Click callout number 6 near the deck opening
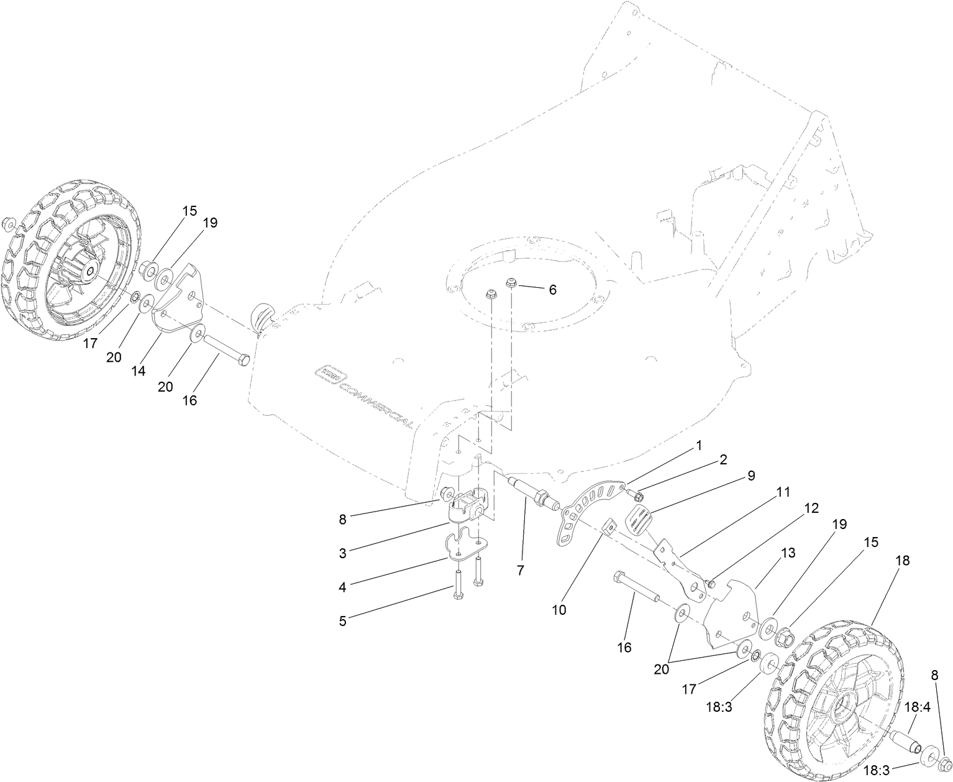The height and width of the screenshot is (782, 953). coord(552,290)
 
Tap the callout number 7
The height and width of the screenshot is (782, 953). coord(520,569)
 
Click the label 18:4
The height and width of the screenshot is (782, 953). coord(916,707)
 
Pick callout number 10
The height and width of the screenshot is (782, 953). coord(559,610)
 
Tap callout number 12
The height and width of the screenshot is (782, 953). coord(811,508)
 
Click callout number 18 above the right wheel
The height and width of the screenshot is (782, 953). coord(902,560)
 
